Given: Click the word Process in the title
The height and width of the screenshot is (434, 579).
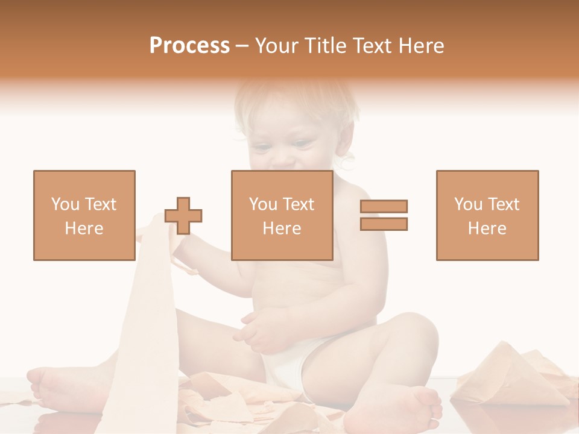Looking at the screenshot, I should coord(189,46).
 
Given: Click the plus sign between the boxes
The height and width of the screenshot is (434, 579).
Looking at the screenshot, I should coord(183,215).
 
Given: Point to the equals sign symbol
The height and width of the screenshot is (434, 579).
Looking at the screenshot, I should coord(384,215).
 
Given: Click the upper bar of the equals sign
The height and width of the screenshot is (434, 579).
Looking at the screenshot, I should coord(384,207).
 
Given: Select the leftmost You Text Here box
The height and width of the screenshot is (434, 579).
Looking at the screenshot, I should coord(84,215).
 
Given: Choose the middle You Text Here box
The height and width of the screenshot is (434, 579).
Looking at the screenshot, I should coord(282,215).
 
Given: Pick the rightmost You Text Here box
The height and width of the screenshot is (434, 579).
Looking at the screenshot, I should coord(487,215).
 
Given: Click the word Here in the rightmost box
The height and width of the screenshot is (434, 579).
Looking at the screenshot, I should coord(487,228).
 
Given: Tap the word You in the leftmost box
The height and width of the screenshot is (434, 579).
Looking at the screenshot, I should coord(64,204).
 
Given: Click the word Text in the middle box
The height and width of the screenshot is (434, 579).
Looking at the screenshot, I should coord(299,204).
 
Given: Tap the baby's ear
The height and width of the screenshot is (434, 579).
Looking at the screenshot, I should coord(348,160).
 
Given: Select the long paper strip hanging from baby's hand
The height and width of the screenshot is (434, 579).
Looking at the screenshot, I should coord(145,325).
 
